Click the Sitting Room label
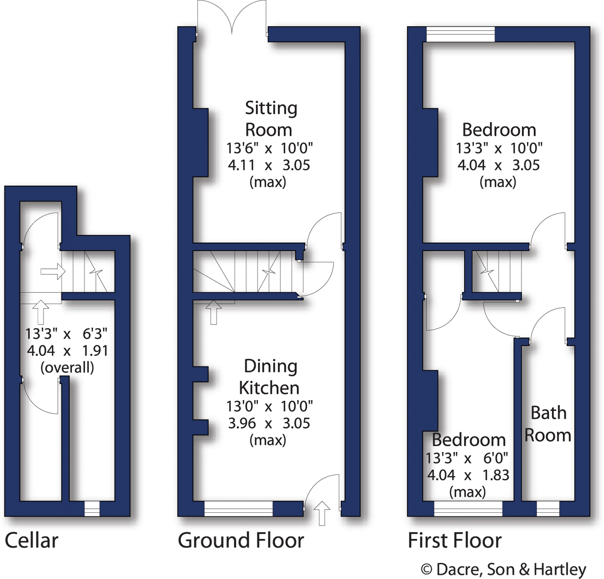pos(270,119)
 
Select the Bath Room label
pos(548,424)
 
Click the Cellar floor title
pos(32,541)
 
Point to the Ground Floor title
pos(241,541)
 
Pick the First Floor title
pos(455,541)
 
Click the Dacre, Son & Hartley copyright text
pos(504,569)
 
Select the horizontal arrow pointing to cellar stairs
pos(53,271)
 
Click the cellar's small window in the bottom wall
pos(92,508)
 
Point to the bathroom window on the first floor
pos(548,508)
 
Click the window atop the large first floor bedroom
pos(460,34)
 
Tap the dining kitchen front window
pos(238,508)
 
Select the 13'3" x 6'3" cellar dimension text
pos(66,334)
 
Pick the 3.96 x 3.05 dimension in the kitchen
pos(269,423)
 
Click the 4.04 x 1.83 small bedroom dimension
pos(468,475)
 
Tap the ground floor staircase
pos(246,272)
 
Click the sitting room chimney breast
pos(201,142)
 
